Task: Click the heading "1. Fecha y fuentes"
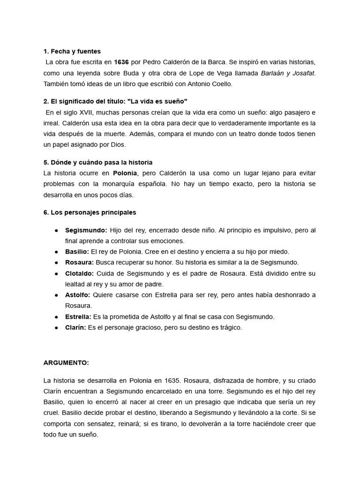[72, 51]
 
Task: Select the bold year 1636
[121, 62]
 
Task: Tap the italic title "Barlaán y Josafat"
[288, 73]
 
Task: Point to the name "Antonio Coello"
[210, 84]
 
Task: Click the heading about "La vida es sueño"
[115, 101]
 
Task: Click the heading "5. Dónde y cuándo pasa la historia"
[97, 162]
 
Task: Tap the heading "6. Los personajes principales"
[90, 212]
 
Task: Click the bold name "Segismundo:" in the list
[86, 230]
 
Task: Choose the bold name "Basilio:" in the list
[77, 252]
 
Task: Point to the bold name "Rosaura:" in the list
[79, 262]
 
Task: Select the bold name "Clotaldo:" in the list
[79, 273]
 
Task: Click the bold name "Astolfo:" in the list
[78, 295]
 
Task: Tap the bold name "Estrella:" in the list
[78, 317]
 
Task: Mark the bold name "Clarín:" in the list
[75, 328]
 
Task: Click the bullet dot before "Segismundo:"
[56, 231]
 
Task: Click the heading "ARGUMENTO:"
[66, 363]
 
